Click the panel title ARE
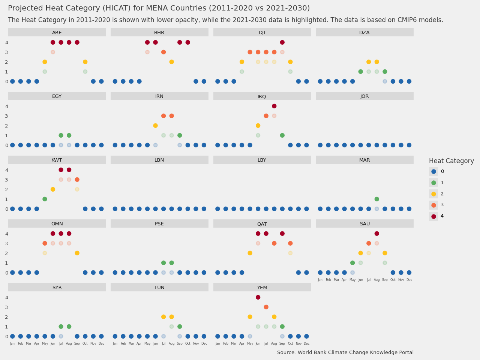[x=57, y=33]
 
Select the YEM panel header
[x=262, y=288]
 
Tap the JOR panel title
[x=364, y=96]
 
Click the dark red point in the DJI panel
[x=282, y=42]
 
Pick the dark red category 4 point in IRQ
[x=274, y=106]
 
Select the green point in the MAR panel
[x=376, y=199]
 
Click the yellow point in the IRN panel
[x=155, y=126]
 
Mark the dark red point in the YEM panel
[x=258, y=297]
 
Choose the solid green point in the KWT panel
[x=45, y=199]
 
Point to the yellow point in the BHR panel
[x=171, y=62]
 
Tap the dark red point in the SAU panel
[x=376, y=234]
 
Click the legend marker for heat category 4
[x=433, y=216]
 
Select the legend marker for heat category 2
[x=433, y=194]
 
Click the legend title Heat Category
[x=451, y=161]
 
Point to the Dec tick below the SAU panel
[x=409, y=280]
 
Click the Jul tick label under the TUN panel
[x=163, y=343]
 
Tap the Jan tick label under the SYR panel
[x=12, y=343]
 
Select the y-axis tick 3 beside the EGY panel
[x=6, y=116]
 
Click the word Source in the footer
[x=286, y=352]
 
